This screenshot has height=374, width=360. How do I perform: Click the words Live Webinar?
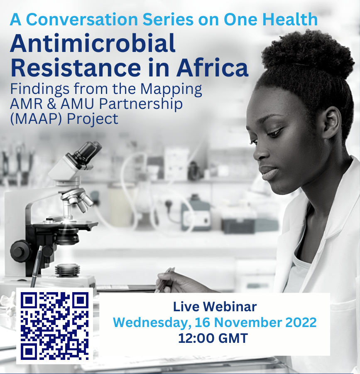215,307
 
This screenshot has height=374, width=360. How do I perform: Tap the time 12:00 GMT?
213,338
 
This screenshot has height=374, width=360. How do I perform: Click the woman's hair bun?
307,54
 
